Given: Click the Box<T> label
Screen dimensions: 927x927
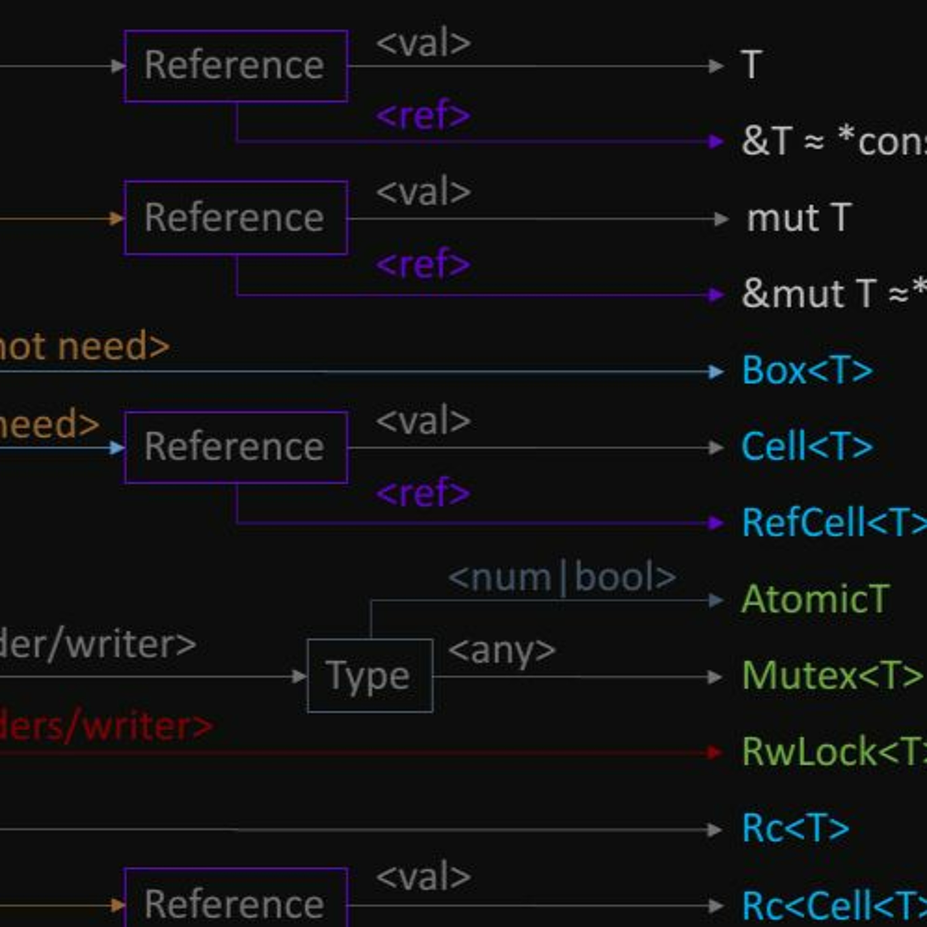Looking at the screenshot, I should point(807,371).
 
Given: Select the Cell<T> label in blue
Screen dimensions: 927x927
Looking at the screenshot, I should point(807,447).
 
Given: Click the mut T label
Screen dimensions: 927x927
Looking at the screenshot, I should point(799,218).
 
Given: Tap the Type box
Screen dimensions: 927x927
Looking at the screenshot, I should point(370,675).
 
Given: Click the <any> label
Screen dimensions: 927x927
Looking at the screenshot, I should point(502,651).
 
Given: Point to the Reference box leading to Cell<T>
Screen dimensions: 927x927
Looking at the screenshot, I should point(235,447).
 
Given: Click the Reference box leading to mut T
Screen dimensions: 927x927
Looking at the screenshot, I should point(235,218).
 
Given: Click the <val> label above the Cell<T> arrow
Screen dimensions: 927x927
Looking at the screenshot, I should point(423,420).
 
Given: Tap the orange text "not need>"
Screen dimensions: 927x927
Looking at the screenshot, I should point(84,346).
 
